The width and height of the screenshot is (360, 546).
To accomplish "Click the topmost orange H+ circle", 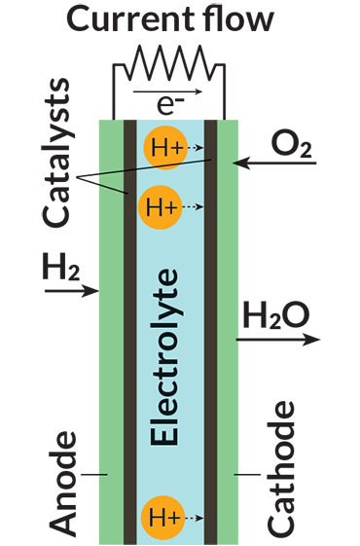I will pos(163,148).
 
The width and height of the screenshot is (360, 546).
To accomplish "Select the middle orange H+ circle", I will pos(159,206).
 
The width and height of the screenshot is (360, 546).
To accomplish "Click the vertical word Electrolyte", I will pos(165,356).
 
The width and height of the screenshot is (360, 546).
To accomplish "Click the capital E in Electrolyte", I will pos(165,434).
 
